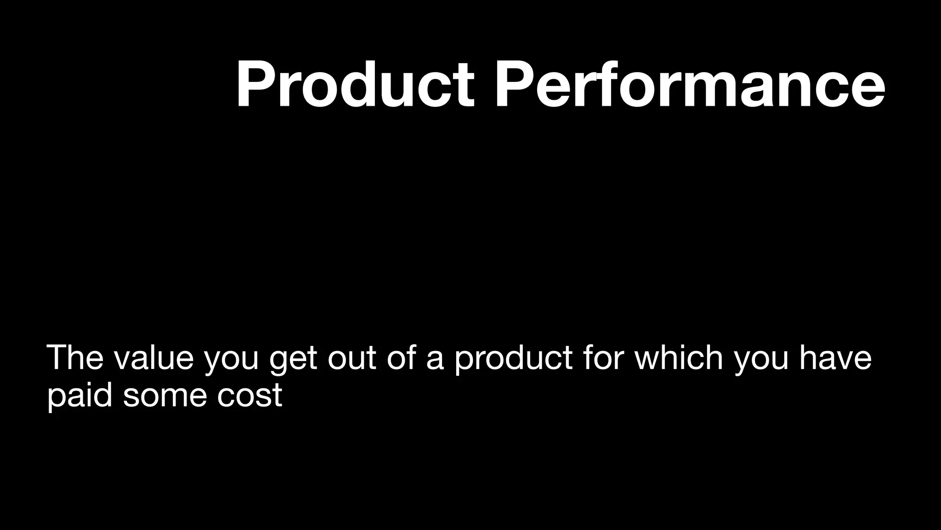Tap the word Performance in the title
pyautogui.click(x=689, y=85)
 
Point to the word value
pyautogui.click(x=154, y=357)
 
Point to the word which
pyautogui.click(x=679, y=357)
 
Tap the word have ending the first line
pyautogui.click(x=835, y=357)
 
